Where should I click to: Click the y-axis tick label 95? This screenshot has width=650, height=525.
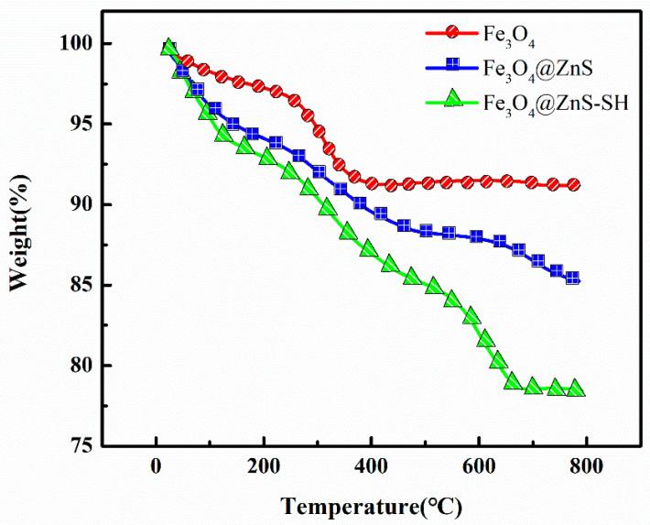pyautogui.click(x=80, y=125)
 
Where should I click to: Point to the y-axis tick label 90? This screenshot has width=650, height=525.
pyautogui.click(x=80, y=204)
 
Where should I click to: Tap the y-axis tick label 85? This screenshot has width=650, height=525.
pyautogui.click(x=80, y=285)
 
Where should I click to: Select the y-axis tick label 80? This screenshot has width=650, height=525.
pyautogui.click(x=80, y=366)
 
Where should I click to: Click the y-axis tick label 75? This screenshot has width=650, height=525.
pyautogui.click(x=80, y=446)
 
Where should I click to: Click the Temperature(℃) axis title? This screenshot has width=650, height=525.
pyautogui.click(x=372, y=505)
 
